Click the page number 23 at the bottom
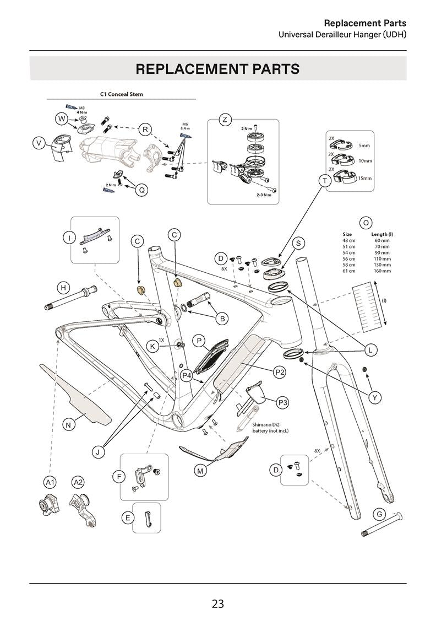pos(217,603)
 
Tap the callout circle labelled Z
pos(224,120)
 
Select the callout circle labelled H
pos(64,288)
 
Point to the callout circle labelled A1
pos(50,482)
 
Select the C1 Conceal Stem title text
pos(121,94)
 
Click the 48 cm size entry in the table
pos(348,240)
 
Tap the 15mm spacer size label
pos(364,178)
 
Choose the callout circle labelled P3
pos(282,403)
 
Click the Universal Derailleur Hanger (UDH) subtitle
pos(342,34)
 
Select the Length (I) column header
pos(382,234)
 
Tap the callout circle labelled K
pos(153,346)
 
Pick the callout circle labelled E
pos(128,517)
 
